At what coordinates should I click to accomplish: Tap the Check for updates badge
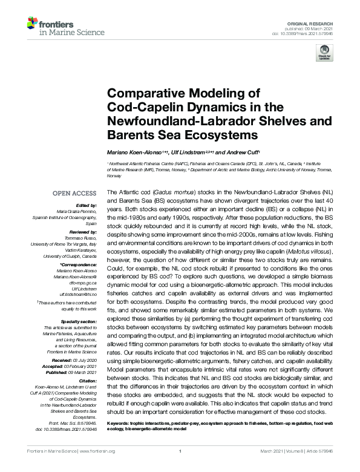click(x=325, y=53)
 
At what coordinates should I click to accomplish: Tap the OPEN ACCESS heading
click(x=75, y=193)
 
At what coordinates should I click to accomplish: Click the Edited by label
click(x=85, y=205)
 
